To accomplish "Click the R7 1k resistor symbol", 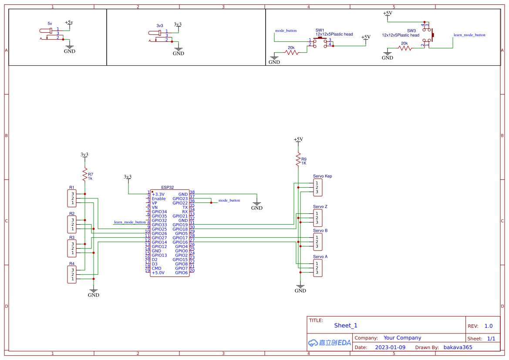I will click(x=85, y=175).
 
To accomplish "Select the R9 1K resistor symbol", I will click(x=298, y=160).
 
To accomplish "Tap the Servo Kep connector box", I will click(x=318, y=187).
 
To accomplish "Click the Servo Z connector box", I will click(x=318, y=218).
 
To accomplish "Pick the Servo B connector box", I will click(x=318, y=242).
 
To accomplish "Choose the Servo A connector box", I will click(x=318, y=268).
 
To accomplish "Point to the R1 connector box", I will click(x=72, y=198).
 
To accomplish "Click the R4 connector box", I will click(x=72, y=274).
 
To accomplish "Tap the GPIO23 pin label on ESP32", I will click(x=180, y=199).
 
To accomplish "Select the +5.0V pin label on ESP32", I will click(x=158, y=273).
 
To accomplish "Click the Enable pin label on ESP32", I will click(x=158, y=199).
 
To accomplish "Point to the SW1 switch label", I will click(x=320, y=30).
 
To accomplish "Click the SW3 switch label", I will click(x=411, y=31).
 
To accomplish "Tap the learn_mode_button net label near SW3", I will click(x=469, y=35).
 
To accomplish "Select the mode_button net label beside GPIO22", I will click(x=229, y=201).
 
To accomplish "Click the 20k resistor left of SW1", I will click(x=291, y=52).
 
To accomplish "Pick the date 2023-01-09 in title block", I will click(x=390, y=347).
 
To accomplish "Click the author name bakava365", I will click(x=458, y=347).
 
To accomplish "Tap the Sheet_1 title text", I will click(x=346, y=326).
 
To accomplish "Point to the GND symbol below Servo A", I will click(x=300, y=288).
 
